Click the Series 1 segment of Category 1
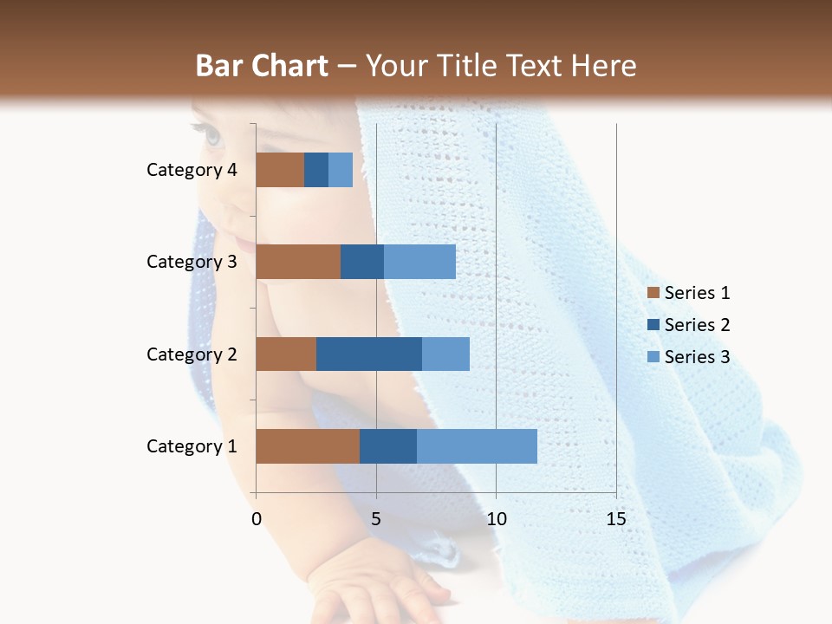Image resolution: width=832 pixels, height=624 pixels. (x=308, y=446)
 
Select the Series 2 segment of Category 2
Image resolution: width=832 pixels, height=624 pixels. (x=369, y=354)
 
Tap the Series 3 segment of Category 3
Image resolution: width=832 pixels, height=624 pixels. (x=419, y=262)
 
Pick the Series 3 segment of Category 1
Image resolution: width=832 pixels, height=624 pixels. (x=477, y=446)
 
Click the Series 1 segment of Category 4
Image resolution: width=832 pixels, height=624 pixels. (x=280, y=170)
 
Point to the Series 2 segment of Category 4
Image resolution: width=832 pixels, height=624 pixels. (x=316, y=170)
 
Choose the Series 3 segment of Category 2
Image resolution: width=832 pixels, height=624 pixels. (x=445, y=354)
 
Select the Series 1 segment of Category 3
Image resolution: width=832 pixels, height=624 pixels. (x=298, y=262)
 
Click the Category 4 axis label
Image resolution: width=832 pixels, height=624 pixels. (x=192, y=170)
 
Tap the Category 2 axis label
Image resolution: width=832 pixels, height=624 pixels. (x=192, y=354)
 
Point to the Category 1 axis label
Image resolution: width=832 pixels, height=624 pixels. (x=192, y=446)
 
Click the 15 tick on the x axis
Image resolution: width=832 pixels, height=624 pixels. (x=615, y=519)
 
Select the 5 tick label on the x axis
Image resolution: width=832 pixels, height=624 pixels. (x=376, y=519)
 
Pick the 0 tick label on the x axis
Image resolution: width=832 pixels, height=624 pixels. (x=257, y=519)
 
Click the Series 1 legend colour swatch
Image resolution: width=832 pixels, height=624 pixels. (x=653, y=293)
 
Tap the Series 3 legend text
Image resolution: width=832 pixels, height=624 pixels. (x=697, y=357)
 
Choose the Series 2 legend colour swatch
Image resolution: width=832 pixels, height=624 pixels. (x=653, y=325)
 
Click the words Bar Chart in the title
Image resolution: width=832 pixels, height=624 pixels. (x=262, y=66)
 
